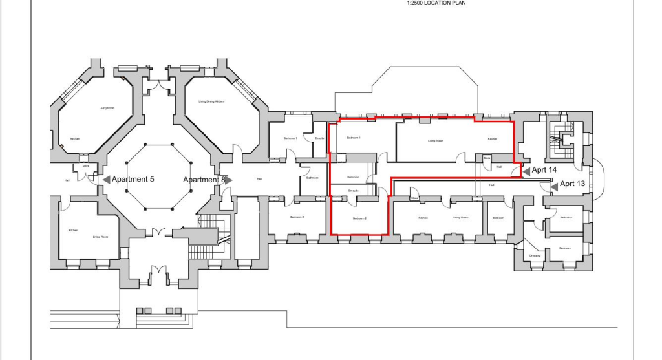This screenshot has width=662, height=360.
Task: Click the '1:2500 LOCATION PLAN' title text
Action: [x=436, y=3]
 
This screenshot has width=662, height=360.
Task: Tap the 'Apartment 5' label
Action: [x=133, y=179]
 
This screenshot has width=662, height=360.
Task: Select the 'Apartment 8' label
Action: [x=203, y=179]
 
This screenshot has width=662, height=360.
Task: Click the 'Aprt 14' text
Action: [x=544, y=170]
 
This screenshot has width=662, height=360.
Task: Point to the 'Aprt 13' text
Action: [x=572, y=184]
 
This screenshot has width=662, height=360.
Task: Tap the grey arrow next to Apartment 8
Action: [x=228, y=179]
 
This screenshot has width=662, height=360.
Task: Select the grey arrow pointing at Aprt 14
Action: [x=526, y=171]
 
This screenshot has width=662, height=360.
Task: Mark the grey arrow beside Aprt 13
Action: [x=554, y=185]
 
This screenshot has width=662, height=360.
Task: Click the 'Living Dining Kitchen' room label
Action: [x=211, y=102]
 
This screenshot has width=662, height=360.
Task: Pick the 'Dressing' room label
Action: [x=535, y=255]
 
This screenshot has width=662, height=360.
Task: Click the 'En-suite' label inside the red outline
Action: [x=353, y=191]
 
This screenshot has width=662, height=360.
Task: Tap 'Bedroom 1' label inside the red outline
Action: [x=353, y=138]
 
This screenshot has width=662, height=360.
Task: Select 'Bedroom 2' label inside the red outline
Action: [x=359, y=218]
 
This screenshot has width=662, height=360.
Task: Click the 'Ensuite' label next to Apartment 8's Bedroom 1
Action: [x=319, y=138]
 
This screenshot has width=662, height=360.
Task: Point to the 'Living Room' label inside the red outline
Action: [x=436, y=140]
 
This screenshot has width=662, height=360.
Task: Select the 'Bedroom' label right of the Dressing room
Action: [x=564, y=248]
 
